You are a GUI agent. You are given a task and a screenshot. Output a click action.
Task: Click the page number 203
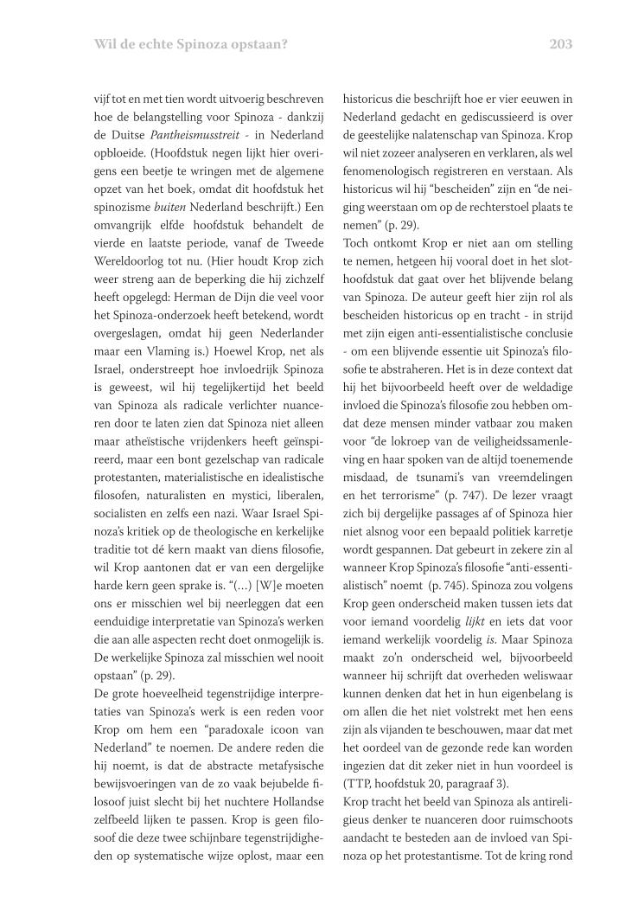pyautogui.click(x=560, y=44)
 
